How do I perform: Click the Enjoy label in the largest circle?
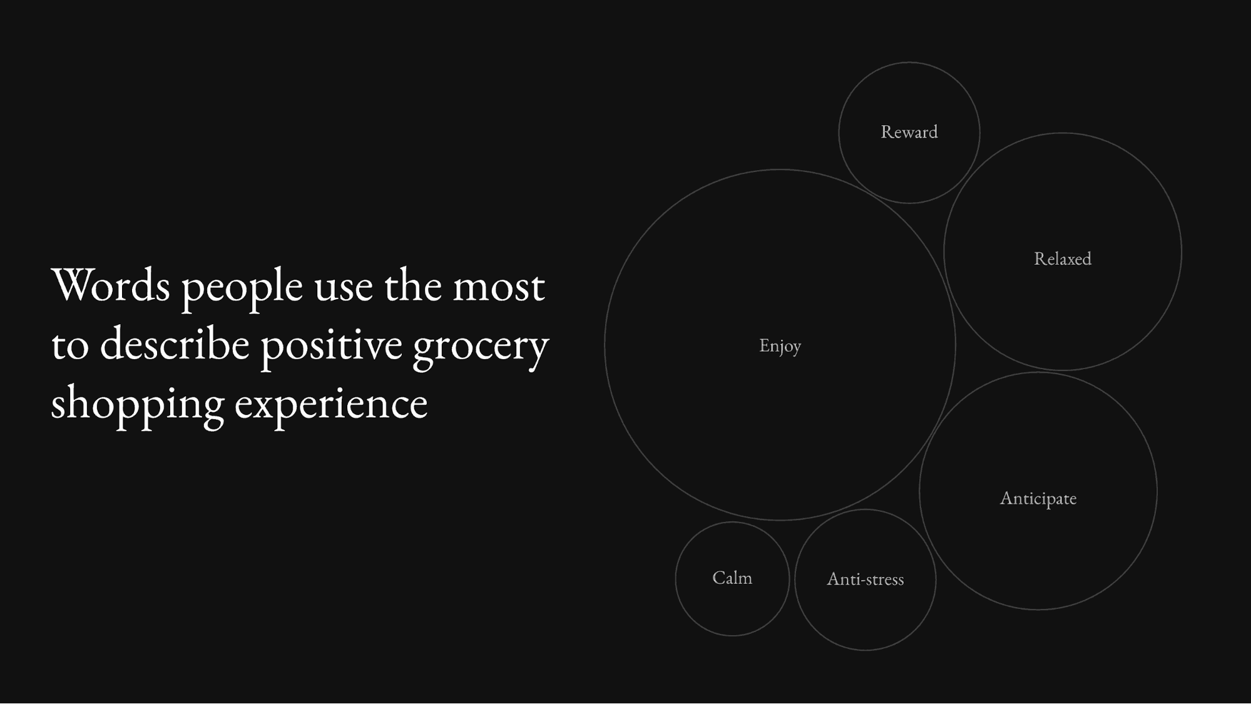780,346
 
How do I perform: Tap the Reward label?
909,132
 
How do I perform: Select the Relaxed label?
1063,258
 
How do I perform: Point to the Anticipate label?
1038,499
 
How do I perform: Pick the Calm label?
732,578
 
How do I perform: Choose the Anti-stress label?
865,579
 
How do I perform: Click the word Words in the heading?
111,285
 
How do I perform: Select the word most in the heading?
499,287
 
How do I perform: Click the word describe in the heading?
175,344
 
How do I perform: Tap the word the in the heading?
412,285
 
